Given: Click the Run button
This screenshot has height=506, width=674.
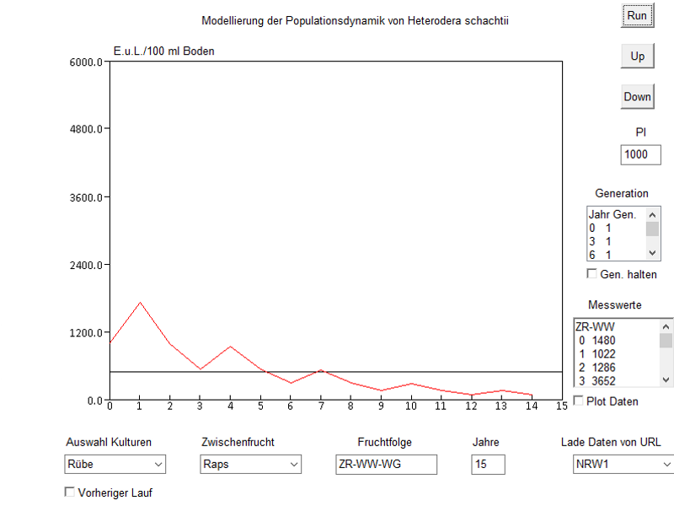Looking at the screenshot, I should pos(637,15).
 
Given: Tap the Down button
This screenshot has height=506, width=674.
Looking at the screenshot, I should pos(637,97).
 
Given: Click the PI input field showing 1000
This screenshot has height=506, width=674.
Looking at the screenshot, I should pos(641,154).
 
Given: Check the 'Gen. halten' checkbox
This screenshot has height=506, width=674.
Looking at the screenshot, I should pos(592,274).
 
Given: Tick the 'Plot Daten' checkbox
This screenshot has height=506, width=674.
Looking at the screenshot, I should pos(579,401).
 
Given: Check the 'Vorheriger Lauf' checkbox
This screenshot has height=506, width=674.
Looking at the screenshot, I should pos(70,492).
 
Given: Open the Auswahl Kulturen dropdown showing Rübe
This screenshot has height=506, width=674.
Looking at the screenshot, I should pos(115,464).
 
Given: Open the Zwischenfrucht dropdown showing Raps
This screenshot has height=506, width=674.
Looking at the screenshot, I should pos(251,464).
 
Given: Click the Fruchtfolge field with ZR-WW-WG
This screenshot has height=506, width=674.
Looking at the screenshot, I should pos(385,464).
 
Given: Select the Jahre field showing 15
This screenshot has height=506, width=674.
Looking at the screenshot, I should pos(488,464).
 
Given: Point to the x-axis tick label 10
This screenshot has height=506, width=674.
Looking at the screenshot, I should pos(410,406).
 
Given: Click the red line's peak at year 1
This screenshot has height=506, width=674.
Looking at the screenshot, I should pos(140,302).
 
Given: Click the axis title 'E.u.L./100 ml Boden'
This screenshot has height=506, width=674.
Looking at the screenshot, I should pos(164,51).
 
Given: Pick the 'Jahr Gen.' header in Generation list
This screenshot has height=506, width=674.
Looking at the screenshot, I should pos(612,215).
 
